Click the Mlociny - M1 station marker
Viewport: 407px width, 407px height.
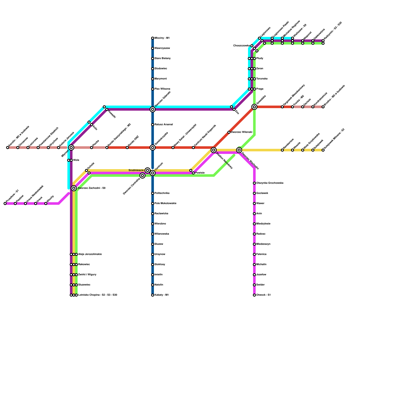point(153,38)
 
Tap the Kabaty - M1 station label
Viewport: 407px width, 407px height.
point(162,295)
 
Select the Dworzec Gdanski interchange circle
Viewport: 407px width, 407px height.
point(153,109)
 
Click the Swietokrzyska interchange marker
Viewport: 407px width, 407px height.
point(153,148)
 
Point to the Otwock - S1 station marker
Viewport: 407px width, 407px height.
point(254,295)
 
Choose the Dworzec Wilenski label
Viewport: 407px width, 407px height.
point(241,132)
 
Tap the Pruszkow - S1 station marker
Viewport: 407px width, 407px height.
point(5,203)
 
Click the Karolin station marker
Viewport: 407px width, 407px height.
point(8,148)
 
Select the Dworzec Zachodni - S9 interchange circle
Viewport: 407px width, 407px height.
point(74,188)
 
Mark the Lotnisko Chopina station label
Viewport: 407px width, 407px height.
point(97,295)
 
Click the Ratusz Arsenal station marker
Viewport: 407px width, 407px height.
point(153,125)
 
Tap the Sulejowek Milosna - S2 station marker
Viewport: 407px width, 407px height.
point(323,150)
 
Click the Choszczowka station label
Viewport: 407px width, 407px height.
point(241,46)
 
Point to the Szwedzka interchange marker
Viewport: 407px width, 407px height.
point(254,107)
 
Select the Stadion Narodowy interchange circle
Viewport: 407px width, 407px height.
point(214,150)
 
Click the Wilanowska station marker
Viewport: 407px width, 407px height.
point(153,234)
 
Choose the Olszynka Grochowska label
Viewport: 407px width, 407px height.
point(270,183)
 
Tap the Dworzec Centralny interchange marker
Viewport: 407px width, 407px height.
point(142,176)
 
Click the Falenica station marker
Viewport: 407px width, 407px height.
point(254,254)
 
